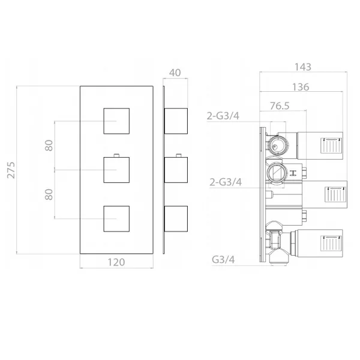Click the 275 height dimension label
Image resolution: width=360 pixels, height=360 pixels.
(11, 170)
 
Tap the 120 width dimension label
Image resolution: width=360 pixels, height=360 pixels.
(116, 262)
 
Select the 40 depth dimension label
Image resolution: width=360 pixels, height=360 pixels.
(175, 73)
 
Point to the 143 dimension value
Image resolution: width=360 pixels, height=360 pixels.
(303, 67)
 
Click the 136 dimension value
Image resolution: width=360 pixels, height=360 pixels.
(301, 87)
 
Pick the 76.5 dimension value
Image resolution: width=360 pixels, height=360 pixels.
(280, 106)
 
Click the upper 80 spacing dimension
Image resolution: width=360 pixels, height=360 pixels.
(49, 145)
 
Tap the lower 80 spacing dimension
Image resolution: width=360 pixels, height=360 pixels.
(49, 194)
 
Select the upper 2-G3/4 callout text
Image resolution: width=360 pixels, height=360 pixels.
(223, 116)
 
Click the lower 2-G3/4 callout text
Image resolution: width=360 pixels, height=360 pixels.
(226, 182)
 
